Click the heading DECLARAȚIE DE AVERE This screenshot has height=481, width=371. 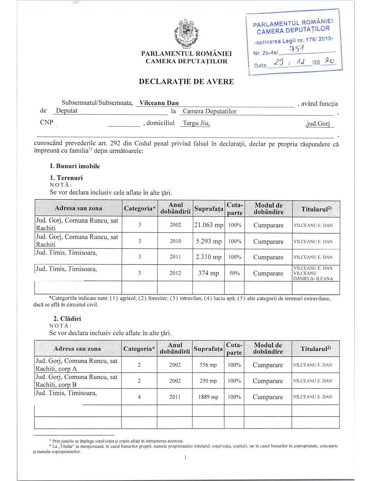point(186,81)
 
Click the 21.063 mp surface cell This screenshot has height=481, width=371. point(208,225)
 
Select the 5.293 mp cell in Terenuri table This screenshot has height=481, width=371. point(208,241)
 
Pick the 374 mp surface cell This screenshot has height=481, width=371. point(208,274)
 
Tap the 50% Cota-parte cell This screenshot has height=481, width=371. point(234,274)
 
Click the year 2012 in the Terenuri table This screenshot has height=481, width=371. point(175,274)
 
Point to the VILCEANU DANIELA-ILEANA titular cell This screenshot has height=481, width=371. point(313,274)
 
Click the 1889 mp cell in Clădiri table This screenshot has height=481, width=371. point(208,397)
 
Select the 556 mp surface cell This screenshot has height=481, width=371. point(208,365)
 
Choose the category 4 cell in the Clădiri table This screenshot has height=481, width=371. point(139,397)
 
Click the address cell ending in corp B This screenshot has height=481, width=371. point(77,381)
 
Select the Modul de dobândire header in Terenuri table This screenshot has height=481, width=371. point(268,208)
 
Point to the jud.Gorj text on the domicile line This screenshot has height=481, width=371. point(317,123)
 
